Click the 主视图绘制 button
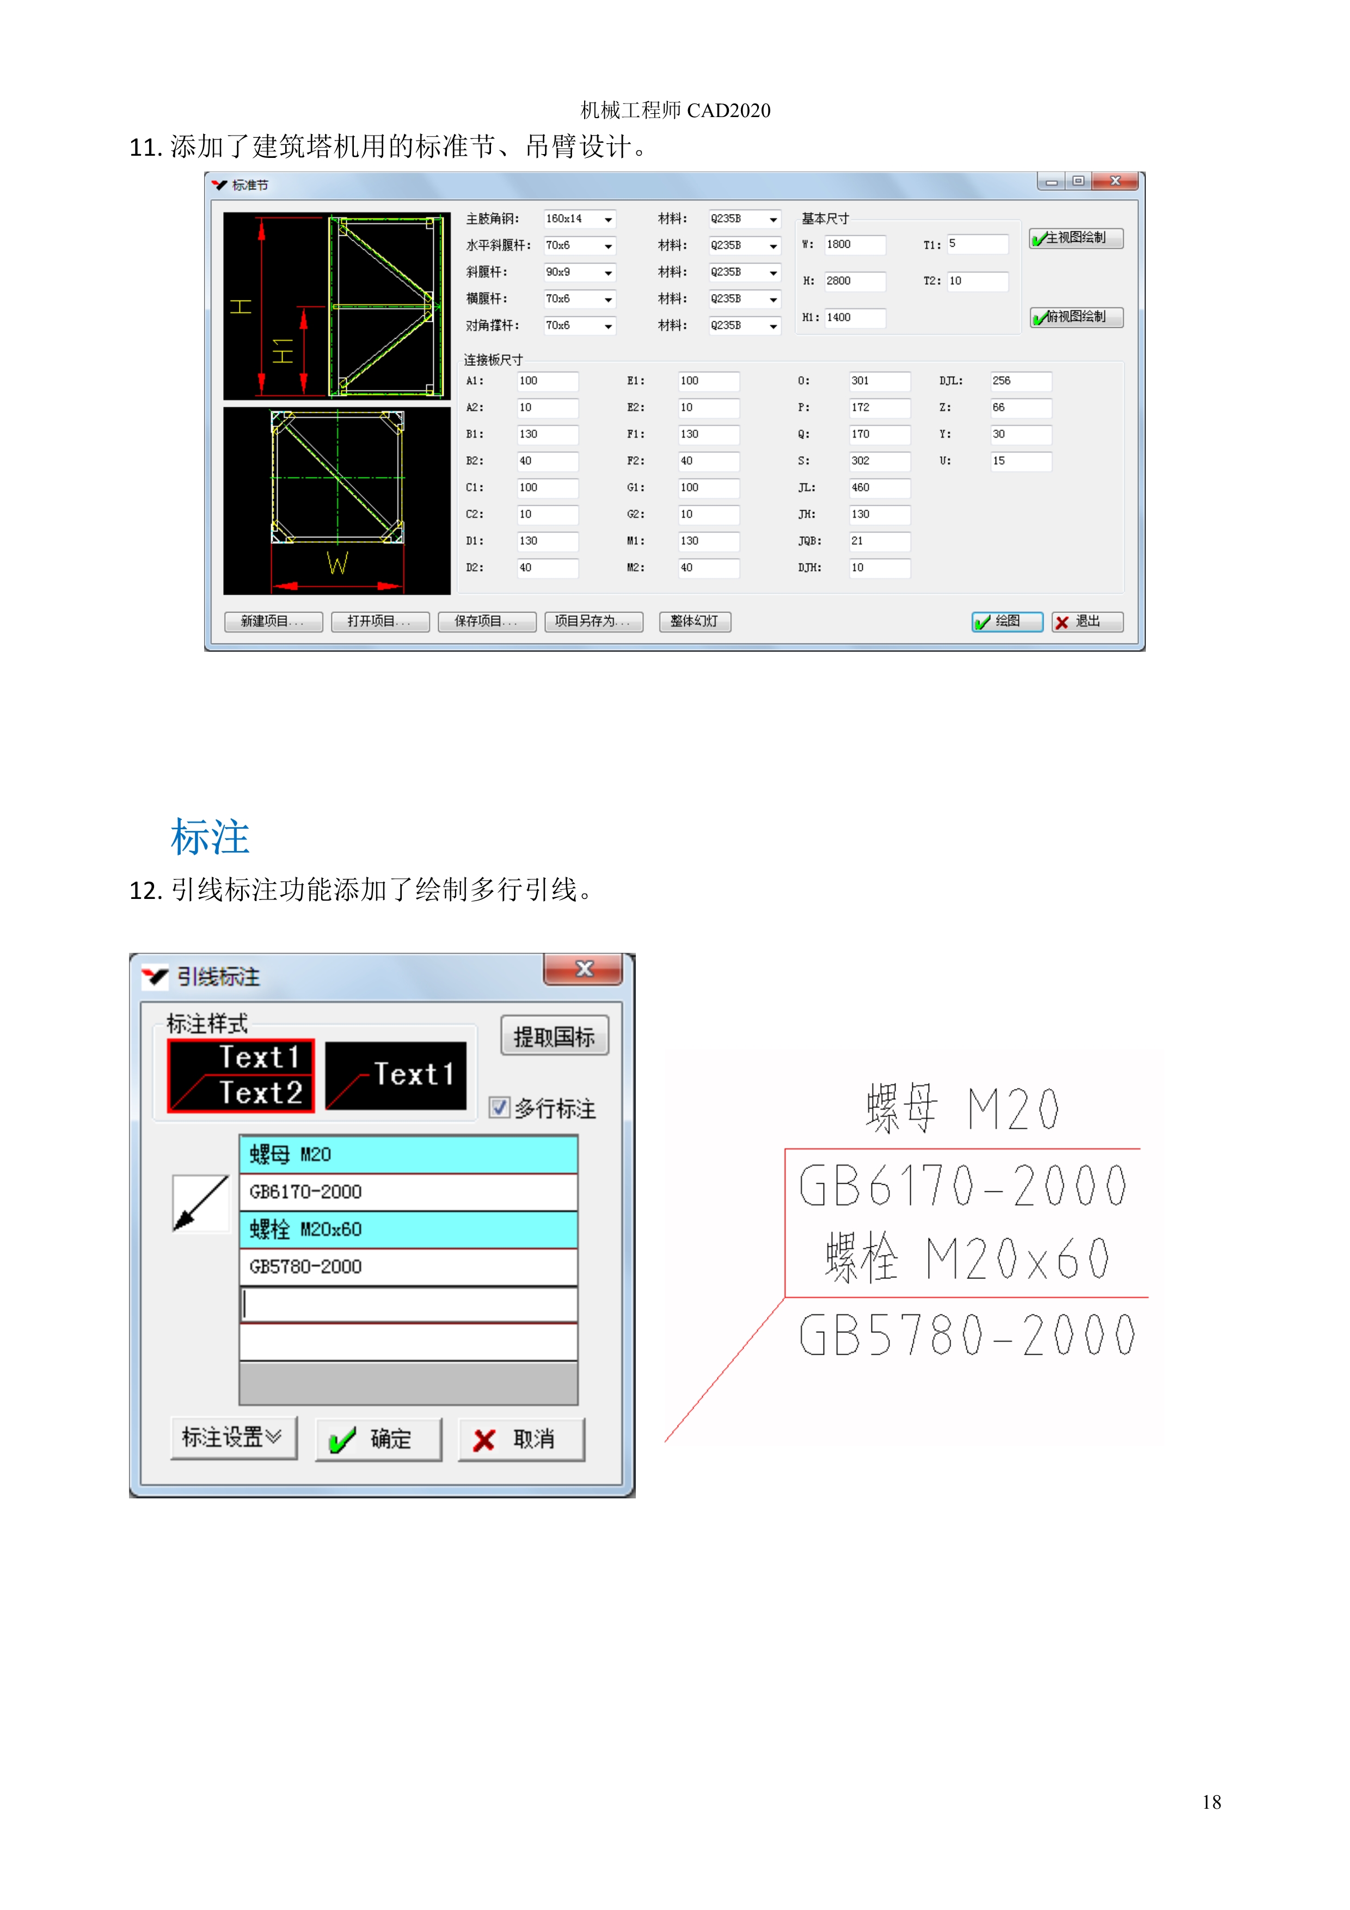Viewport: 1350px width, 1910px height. [1076, 238]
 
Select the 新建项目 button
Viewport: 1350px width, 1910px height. [274, 621]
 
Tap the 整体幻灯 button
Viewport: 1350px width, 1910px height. [695, 621]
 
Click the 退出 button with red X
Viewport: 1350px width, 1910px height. [1087, 621]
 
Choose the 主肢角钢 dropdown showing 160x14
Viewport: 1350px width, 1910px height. [580, 219]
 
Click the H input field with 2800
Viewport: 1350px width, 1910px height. [854, 281]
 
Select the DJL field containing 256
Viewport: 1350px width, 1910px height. [1021, 381]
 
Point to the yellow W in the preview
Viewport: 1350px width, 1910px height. [337, 564]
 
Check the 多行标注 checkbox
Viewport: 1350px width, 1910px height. [499, 1108]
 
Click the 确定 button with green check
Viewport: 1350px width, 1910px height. [378, 1439]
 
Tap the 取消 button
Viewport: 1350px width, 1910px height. [521, 1439]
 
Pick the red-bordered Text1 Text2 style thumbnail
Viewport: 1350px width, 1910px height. [241, 1076]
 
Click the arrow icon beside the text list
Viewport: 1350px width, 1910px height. [200, 1203]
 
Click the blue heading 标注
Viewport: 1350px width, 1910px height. [210, 837]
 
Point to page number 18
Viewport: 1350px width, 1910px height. [1211, 1802]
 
